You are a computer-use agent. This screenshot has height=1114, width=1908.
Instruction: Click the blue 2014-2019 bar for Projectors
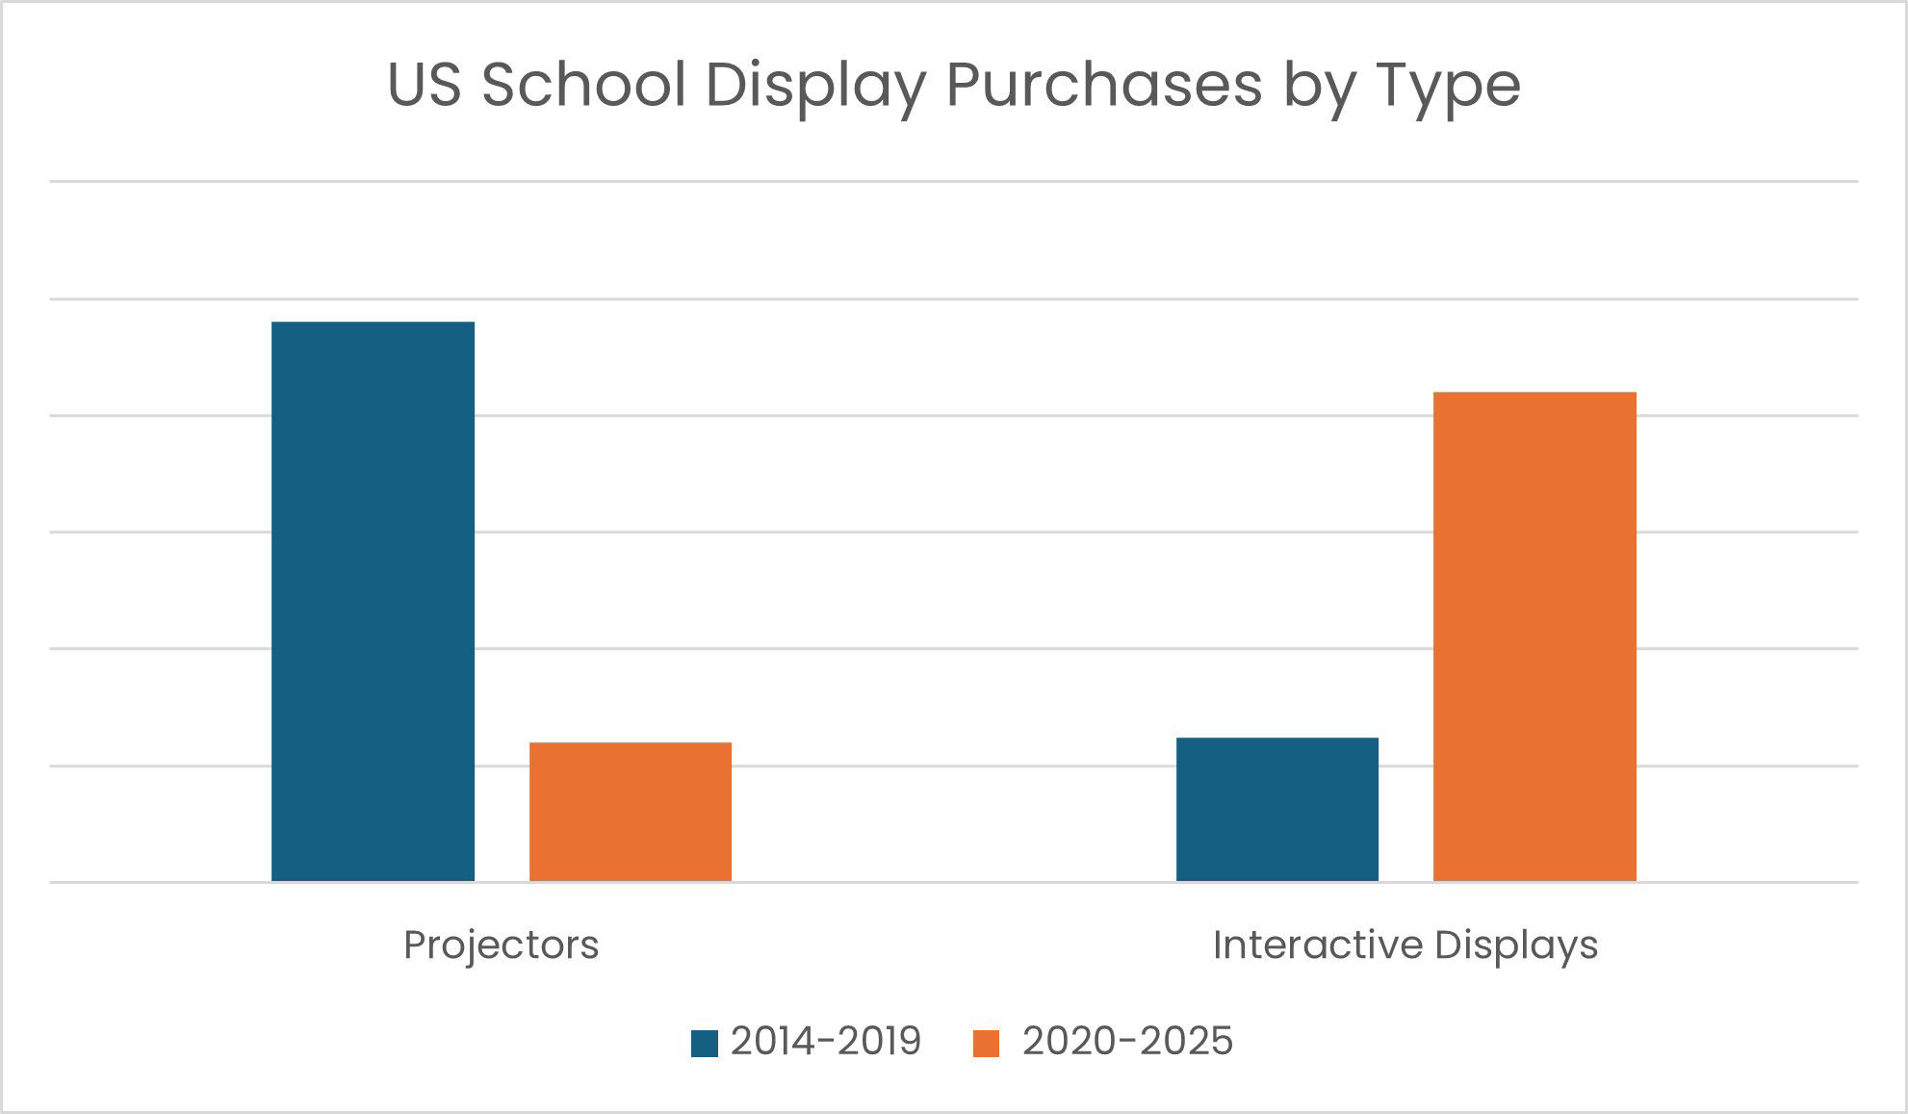click(373, 602)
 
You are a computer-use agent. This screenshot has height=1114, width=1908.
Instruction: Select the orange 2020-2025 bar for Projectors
click(631, 812)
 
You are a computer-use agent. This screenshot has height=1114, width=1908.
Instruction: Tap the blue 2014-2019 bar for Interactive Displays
click(1276, 809)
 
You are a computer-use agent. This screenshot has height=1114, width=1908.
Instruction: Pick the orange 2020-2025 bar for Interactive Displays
click(1534, 636)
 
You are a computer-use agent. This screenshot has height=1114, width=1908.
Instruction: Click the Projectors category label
click(501, 946)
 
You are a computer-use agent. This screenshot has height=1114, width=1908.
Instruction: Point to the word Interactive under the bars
click(1316, 946)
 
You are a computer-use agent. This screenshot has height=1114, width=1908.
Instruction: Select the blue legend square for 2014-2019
click(705, 1044)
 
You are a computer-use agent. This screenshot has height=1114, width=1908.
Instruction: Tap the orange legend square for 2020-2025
click(986, 1044)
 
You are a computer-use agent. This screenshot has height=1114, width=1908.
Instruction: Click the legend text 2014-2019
click(826, 1042)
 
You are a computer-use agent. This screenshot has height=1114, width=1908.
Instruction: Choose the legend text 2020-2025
click(1127, 1042)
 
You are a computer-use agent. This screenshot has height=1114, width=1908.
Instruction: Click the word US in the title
click(424, 85)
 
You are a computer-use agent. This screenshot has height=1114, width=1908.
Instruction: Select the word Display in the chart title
click(814, 85)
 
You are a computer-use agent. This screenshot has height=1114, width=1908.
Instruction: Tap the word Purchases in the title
click(1103, 85)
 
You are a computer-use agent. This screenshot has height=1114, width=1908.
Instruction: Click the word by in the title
click(1318, 85)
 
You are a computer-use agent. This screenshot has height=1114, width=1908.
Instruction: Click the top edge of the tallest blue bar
click(373, 323)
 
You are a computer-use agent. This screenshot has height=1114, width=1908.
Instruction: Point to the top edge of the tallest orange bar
click(1534, 393)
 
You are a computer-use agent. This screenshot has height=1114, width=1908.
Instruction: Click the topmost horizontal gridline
click(953, 181)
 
